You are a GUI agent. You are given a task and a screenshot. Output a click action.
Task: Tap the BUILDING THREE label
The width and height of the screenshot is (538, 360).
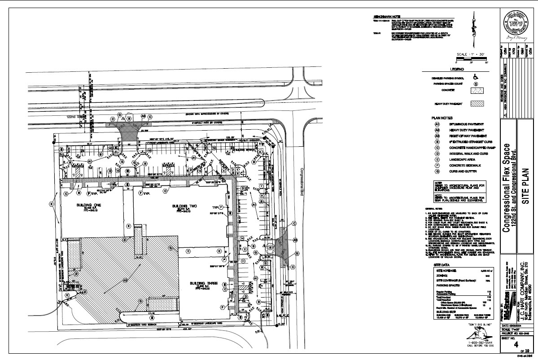click(200, 283)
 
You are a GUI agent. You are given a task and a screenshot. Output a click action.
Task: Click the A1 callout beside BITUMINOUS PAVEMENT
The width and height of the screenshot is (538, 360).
click(436, 124)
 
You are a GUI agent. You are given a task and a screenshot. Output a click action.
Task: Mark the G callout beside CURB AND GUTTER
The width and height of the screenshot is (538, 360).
click(436, 171)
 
